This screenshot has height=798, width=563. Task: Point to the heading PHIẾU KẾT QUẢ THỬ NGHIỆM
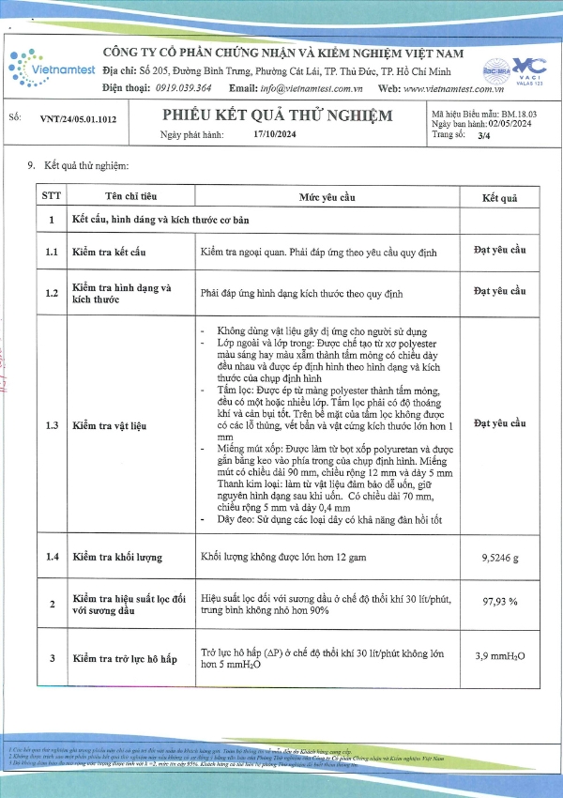(x=276, y=115)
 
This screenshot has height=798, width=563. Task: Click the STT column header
(x=48, y=196)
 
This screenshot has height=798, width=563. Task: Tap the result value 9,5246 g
(x=499, y=557)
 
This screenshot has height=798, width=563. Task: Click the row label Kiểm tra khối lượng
(x=118, y=558)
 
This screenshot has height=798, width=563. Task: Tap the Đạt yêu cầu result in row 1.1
(x=499, y=251)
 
